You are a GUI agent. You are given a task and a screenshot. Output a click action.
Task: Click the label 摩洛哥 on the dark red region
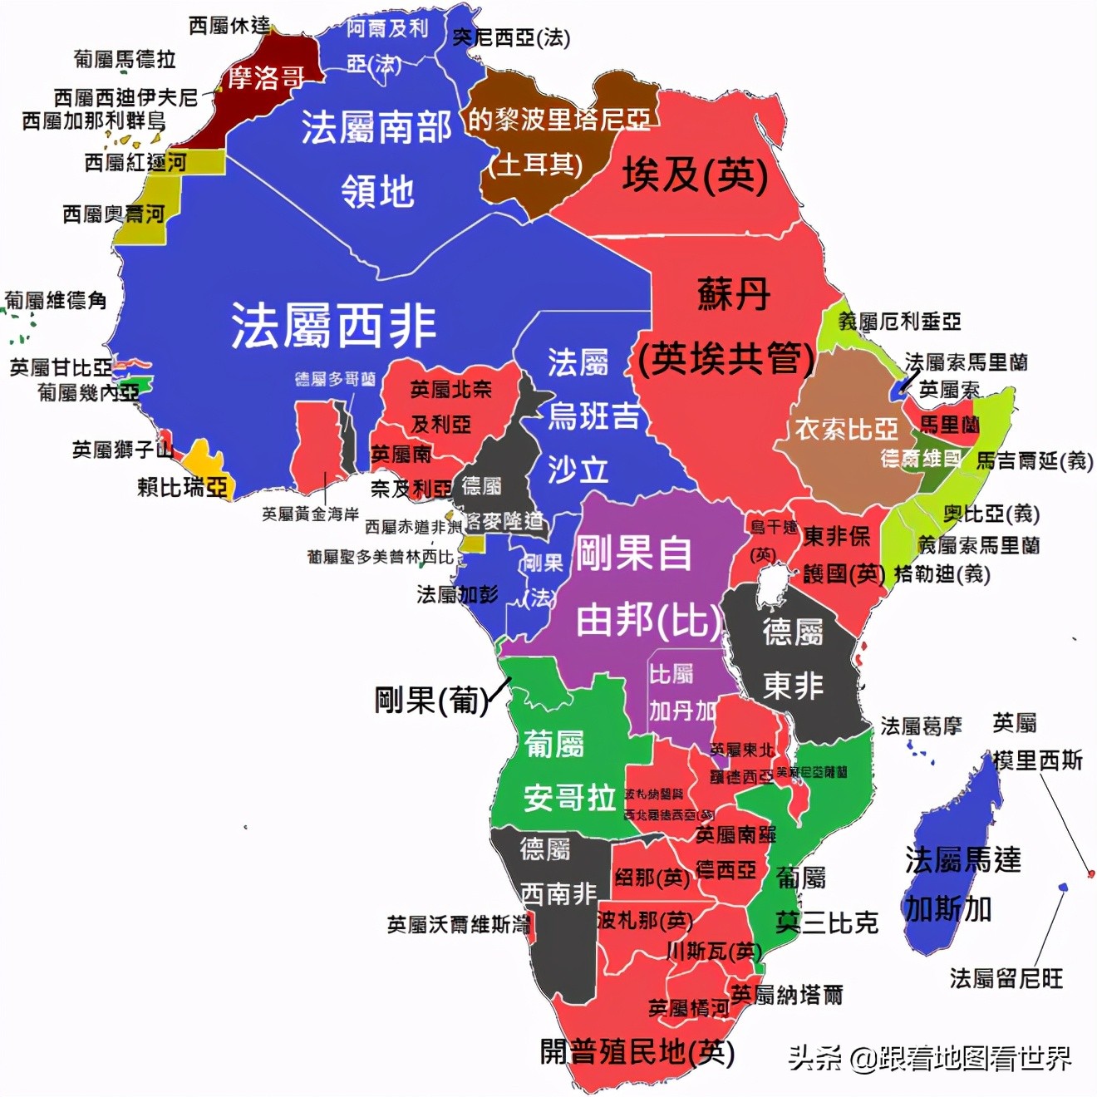pos(265,78)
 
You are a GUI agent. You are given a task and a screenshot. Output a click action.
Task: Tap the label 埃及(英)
pos(695,175)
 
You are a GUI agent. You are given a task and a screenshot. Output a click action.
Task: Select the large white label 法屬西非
pos(333,325)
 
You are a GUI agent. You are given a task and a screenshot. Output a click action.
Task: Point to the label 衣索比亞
pos(846,429)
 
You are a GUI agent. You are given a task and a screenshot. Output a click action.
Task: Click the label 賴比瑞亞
pos(182,487)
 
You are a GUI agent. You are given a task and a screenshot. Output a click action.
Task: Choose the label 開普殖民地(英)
pos(637,1052)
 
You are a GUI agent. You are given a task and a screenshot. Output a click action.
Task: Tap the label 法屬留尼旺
pos(1006,978)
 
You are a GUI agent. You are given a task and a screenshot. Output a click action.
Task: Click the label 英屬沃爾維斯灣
pos(458,924)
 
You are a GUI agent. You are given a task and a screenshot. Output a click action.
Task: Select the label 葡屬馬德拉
pos(125,59)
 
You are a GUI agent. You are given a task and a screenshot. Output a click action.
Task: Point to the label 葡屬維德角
pos(56,300)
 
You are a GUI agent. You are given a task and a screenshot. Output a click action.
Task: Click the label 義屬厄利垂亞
pos(899,321)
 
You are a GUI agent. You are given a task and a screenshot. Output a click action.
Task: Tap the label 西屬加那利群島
pos(94,121)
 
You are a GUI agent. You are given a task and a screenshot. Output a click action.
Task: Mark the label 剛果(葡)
pos(430,701)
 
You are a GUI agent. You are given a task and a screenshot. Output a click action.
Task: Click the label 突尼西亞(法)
pos(511,37)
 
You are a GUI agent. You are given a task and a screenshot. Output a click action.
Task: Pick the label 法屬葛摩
pos(921,726)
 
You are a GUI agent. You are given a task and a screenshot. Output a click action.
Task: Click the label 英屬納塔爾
pos(786,994)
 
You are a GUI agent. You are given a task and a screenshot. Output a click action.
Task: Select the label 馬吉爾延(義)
pos(1034,460)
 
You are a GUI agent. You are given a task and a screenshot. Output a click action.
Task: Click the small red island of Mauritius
pos(1091,873)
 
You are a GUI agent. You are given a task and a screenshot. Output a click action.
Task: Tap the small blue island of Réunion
pos(1062,888)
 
